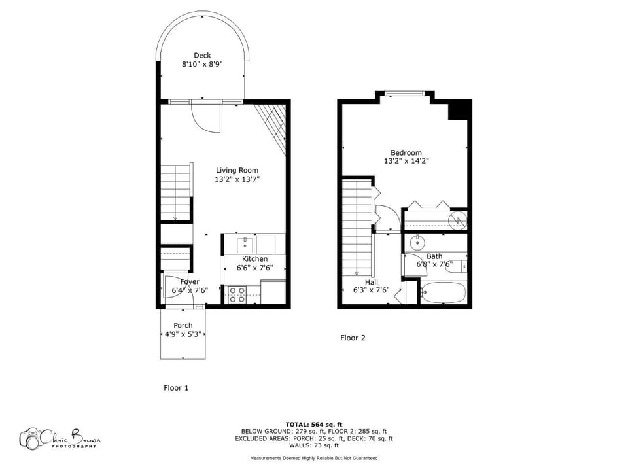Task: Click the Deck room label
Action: tap(202, 56)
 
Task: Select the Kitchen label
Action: tap(254, 259)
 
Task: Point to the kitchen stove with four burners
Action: tap(237, 294)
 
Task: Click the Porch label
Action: tap(183, 326)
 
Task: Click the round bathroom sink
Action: tap(417, 243)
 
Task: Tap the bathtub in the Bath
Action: tap(444, 292)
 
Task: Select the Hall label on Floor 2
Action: tap(372, 282)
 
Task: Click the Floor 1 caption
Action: tap(176, 388)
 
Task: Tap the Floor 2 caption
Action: tap(353, 338)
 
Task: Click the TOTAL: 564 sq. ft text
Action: tap(314, 425)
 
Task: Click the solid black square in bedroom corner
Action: tap(459, 109)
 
